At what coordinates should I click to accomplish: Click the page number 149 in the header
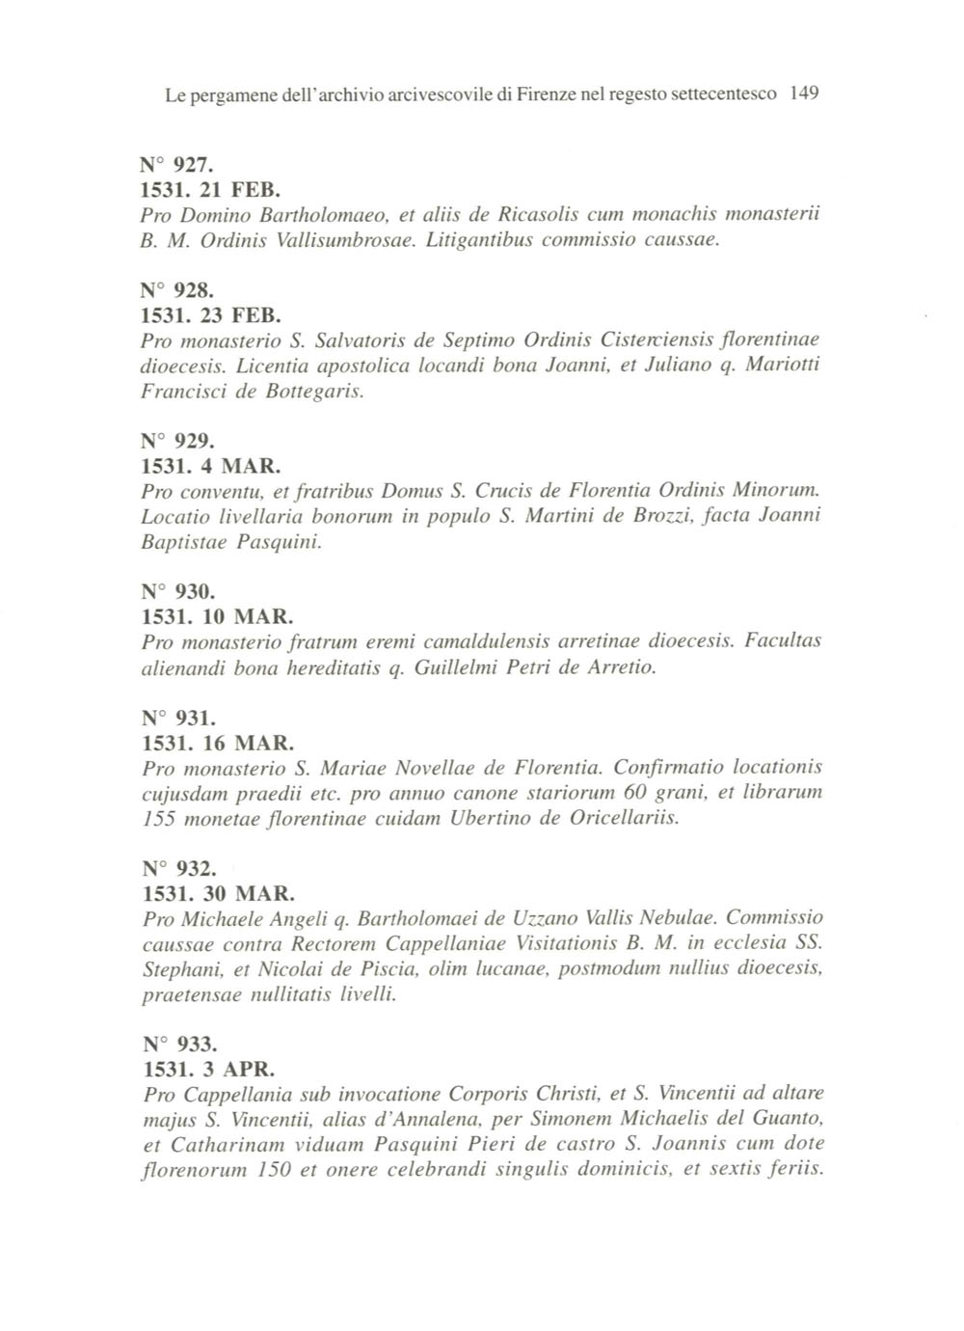(x=803, y=95)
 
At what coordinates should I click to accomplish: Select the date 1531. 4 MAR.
(x=211, y=467)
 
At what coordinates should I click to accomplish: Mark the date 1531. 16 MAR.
(x=217, y=744)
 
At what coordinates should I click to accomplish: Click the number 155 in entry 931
(x=158, y=819)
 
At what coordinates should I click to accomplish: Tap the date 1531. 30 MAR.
(x=217, y=893)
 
